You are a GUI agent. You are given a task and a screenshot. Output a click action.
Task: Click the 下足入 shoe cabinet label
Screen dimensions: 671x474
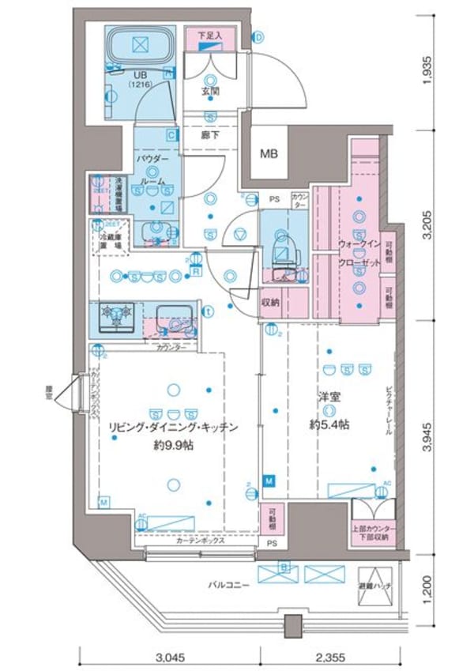click(x=209, y=35)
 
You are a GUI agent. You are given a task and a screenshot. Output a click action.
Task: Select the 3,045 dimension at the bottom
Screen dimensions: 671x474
click(x=169, y=655)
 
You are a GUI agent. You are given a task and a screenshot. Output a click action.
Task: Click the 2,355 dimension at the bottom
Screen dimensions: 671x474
click(x=331, y=655)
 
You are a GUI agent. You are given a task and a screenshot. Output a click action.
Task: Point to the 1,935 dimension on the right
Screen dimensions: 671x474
click(x=427, y=70)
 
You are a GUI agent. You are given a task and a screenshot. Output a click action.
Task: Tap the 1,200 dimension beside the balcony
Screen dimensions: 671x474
click(x=427, y=586)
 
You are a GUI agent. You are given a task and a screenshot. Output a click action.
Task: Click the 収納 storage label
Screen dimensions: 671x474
click(x=271, y=301)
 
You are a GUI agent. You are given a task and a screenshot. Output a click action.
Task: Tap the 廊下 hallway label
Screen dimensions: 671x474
click(x=210, y=135)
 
